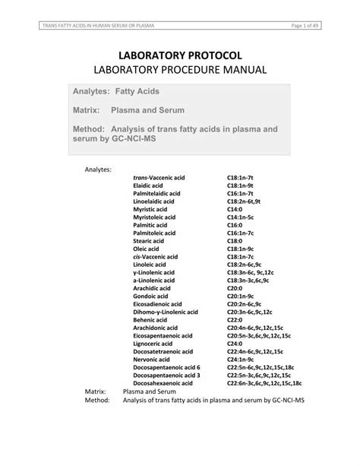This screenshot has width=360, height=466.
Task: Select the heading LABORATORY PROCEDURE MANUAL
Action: (180, 71)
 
